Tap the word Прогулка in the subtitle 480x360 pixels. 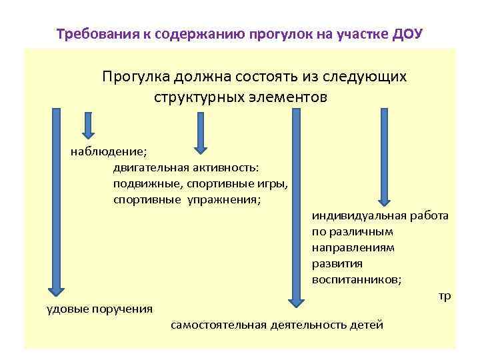135,77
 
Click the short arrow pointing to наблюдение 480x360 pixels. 89,127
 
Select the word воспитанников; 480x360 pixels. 356,280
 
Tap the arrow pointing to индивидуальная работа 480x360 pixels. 383,157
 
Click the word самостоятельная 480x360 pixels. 219,325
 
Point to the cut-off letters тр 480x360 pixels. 445,296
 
